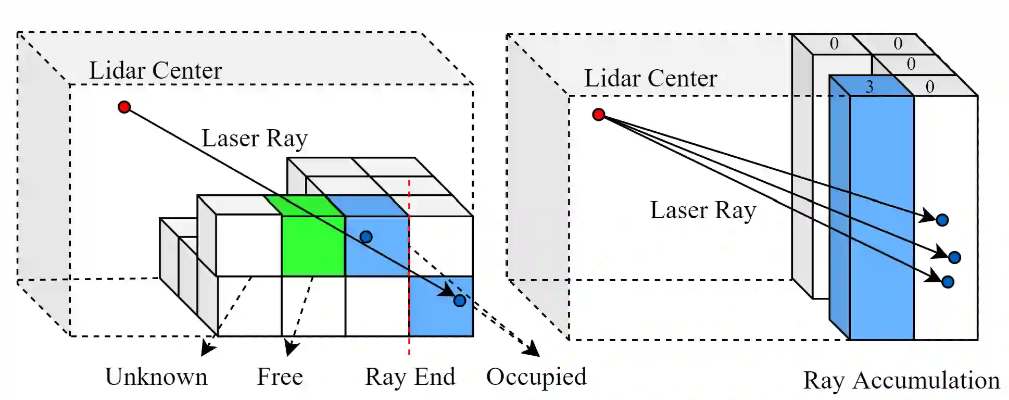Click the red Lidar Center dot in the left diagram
point(124,107)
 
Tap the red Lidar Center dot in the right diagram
point(599,114)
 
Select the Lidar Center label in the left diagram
point(155,70)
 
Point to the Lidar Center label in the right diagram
point(650,78)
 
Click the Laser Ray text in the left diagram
point(255,139)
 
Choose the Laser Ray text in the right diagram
point(703,210)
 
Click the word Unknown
point(156,377)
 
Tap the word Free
point(280,377)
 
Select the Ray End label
point(410,377)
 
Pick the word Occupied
point(536,377)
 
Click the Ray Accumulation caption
point(901,380)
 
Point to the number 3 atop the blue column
point(869,87)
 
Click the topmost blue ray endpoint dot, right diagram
point(942,220)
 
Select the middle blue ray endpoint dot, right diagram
point(954,257)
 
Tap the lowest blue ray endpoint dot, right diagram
point(948,282)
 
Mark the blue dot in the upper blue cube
point(366,237)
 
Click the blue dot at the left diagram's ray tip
point(459,301)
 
